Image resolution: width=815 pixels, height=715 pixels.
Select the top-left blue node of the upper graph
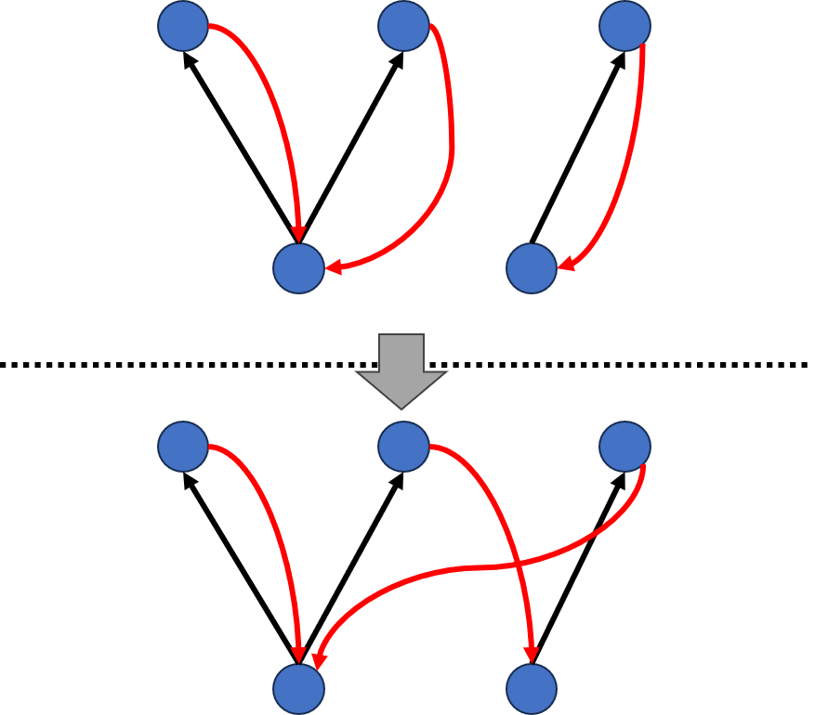click(183, 26)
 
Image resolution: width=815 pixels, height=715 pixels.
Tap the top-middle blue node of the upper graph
click(403, 26)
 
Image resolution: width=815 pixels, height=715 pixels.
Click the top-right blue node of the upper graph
click(624, 26)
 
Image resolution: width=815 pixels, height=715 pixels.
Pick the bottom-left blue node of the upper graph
click(298, 268)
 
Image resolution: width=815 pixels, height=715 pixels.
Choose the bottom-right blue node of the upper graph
click(532, 268)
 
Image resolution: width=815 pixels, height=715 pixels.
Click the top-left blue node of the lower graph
click(183, 447)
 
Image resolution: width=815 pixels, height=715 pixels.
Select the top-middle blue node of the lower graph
click(403, 447)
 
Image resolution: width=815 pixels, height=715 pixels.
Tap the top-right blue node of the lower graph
click(624, 447)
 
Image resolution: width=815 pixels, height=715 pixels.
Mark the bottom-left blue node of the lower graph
click(298, 689)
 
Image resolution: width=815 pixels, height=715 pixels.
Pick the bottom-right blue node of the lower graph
click(532, 689)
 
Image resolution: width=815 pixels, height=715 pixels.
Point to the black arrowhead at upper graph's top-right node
click(619, 58)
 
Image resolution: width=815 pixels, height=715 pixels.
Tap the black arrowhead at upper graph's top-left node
click(189, 58)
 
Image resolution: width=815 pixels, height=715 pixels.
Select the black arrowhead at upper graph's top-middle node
click(398, 58)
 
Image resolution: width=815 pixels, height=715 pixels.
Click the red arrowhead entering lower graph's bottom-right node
click(532, 655)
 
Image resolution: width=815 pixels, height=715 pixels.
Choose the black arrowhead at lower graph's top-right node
click(619, 479)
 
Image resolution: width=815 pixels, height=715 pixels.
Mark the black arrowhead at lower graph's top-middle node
click(398, 479)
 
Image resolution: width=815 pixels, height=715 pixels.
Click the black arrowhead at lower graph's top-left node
click(189, 479)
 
